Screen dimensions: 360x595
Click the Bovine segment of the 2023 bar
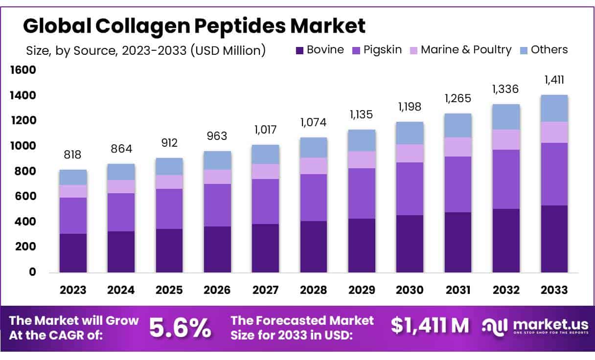click(x=73, y=253)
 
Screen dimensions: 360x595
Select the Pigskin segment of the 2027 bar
click(x=265, y=202)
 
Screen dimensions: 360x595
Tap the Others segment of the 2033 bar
click(x=554, y=109)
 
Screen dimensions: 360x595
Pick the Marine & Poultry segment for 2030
click(x=410, y=154)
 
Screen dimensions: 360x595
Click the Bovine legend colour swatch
click(x=299, y=50)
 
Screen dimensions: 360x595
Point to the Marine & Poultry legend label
click(x=466, y=50)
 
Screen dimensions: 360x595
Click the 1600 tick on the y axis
click(x=23, y=70)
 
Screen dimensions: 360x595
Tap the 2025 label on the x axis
click(x=169, y=290)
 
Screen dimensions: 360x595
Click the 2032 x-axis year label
click(x=506, y=290)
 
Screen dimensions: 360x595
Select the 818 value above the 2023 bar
click(x=73, y=155)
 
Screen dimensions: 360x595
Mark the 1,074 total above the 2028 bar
click(x=313, y=122)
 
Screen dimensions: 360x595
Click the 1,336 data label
click(x=506, y=90)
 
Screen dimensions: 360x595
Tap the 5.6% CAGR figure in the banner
click(x=180, y=328)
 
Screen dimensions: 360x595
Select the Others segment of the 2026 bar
click(x=217, y=160)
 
